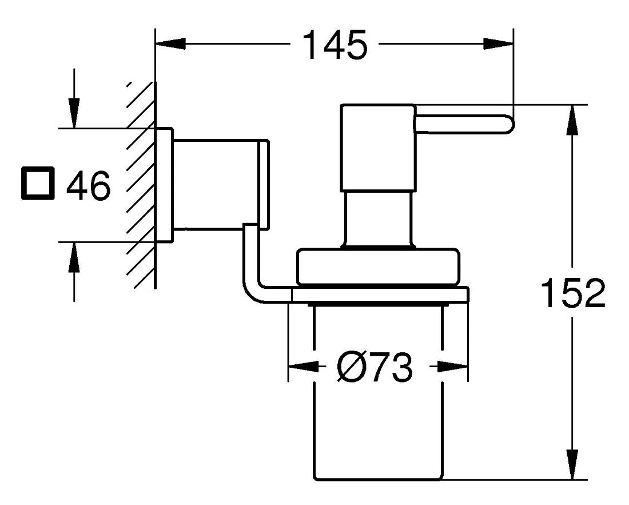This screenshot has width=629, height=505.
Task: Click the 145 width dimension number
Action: (335, 45)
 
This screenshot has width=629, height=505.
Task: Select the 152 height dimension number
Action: (573, 293)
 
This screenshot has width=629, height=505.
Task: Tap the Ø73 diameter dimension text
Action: (375, 367)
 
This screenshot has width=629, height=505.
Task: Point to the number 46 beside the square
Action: (88, 185)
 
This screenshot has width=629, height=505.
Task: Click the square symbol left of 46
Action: (37, 184)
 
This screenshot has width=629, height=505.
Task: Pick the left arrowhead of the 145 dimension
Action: (170, 43)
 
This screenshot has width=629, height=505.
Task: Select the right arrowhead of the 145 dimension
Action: (498, 43)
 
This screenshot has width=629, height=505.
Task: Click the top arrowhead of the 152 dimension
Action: (572, 120)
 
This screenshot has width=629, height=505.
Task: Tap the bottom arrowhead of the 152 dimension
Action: (572, 464)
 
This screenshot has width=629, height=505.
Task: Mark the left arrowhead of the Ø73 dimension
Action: (304, 366)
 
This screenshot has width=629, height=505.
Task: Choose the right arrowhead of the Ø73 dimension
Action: (452, 366)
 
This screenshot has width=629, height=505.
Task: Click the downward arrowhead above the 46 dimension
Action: (74, 113)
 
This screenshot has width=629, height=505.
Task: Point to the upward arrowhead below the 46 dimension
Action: (74, 257)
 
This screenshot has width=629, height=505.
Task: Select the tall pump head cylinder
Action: (377, 148)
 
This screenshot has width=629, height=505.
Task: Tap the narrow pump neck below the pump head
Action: (377, 218)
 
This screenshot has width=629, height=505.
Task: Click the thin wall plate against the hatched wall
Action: (164, 185)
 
